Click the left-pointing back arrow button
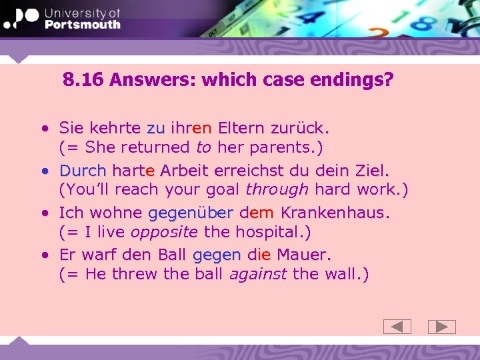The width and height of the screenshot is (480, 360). coord(397,327)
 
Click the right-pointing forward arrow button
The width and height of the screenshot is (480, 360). coord(441,327)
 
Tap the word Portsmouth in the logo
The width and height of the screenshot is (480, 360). coord(82,25)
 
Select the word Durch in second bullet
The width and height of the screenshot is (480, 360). coord(83,170)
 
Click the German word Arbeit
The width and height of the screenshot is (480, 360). coord(184,170)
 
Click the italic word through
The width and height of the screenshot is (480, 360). coord(277,189)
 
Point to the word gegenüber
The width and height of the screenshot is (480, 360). coord(191,213)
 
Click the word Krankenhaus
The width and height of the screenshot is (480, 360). coord(335,213)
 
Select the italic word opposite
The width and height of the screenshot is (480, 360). coord(164,232)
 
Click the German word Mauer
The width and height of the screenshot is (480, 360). coord(303,255)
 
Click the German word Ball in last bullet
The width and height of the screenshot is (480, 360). coord(173,255)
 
